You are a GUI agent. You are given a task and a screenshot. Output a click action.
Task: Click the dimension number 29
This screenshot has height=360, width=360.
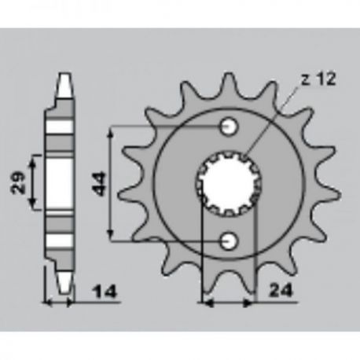pos(18,182)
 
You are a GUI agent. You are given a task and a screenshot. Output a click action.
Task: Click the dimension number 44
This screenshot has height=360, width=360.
pos(99,184)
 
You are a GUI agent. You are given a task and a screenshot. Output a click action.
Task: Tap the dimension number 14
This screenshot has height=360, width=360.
pos(105,292)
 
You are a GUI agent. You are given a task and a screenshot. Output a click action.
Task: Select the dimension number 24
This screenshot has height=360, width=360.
pos(281,291)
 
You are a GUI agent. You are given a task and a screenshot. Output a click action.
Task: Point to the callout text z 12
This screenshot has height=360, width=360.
pos(318,79)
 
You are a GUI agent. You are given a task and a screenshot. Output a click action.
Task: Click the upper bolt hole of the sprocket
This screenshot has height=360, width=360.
pos(229,127)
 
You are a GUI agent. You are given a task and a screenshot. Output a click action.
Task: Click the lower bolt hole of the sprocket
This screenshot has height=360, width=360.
pos(229,241)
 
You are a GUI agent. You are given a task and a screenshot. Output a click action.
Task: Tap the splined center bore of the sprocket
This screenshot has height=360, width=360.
pos(229,184)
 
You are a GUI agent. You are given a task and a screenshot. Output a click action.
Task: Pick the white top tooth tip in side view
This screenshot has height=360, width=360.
pos(64,85)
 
